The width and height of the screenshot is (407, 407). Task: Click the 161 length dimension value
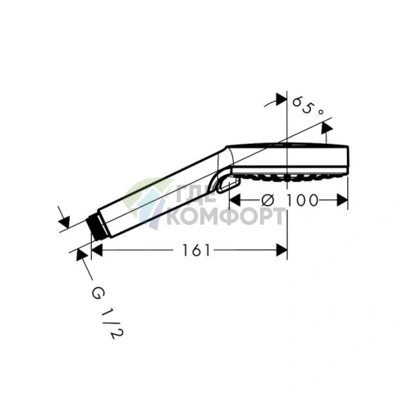196,250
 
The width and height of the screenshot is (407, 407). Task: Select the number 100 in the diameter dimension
302,200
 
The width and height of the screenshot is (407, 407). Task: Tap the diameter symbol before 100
268,200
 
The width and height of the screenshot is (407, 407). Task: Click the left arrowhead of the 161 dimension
97,250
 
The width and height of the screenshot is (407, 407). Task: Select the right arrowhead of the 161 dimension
281,250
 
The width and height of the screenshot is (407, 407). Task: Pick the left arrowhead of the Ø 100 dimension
235,200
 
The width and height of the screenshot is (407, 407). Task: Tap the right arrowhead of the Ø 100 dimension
342,200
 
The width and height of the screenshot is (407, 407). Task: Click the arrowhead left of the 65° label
281,99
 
